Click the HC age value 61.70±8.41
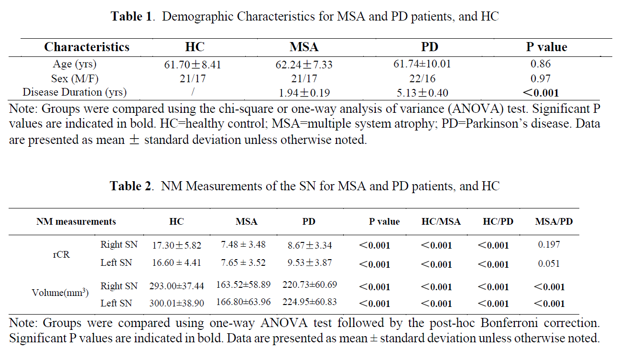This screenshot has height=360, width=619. click(x=193, y=65)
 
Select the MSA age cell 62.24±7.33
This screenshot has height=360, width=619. click(x=304, y=65)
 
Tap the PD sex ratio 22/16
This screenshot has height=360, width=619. click(x=422, y=79)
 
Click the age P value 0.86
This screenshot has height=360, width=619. click(x=541, y=64)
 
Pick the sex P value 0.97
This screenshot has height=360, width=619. click(x=541, y=79)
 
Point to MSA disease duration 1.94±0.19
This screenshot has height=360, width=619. click(x=304, y=93)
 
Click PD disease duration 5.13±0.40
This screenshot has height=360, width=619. click(x=423, y=93)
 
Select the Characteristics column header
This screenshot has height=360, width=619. click(x=87, y=47)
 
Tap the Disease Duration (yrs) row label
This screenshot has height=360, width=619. click(x=75, y=92)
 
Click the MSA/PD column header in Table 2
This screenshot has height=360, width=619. click(x=554, y=221)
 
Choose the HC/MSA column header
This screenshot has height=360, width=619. click(x=441, y=221)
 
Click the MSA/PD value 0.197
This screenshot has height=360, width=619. click(x=549, y=244)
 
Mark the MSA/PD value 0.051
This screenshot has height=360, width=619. click(x=549, y=263)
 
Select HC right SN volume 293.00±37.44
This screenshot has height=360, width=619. click(x=176, y=286)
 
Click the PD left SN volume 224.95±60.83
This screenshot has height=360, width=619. click(x=310, y=302)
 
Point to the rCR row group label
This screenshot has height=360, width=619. click(x=61, y=254)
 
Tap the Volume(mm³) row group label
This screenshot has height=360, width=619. click(x=60, y=293)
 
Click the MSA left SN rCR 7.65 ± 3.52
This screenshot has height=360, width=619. click(x=243, y=262)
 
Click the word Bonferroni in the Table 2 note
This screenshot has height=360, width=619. click(x=509, y=323)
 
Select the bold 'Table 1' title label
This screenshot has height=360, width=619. click(x=131, y=16)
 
